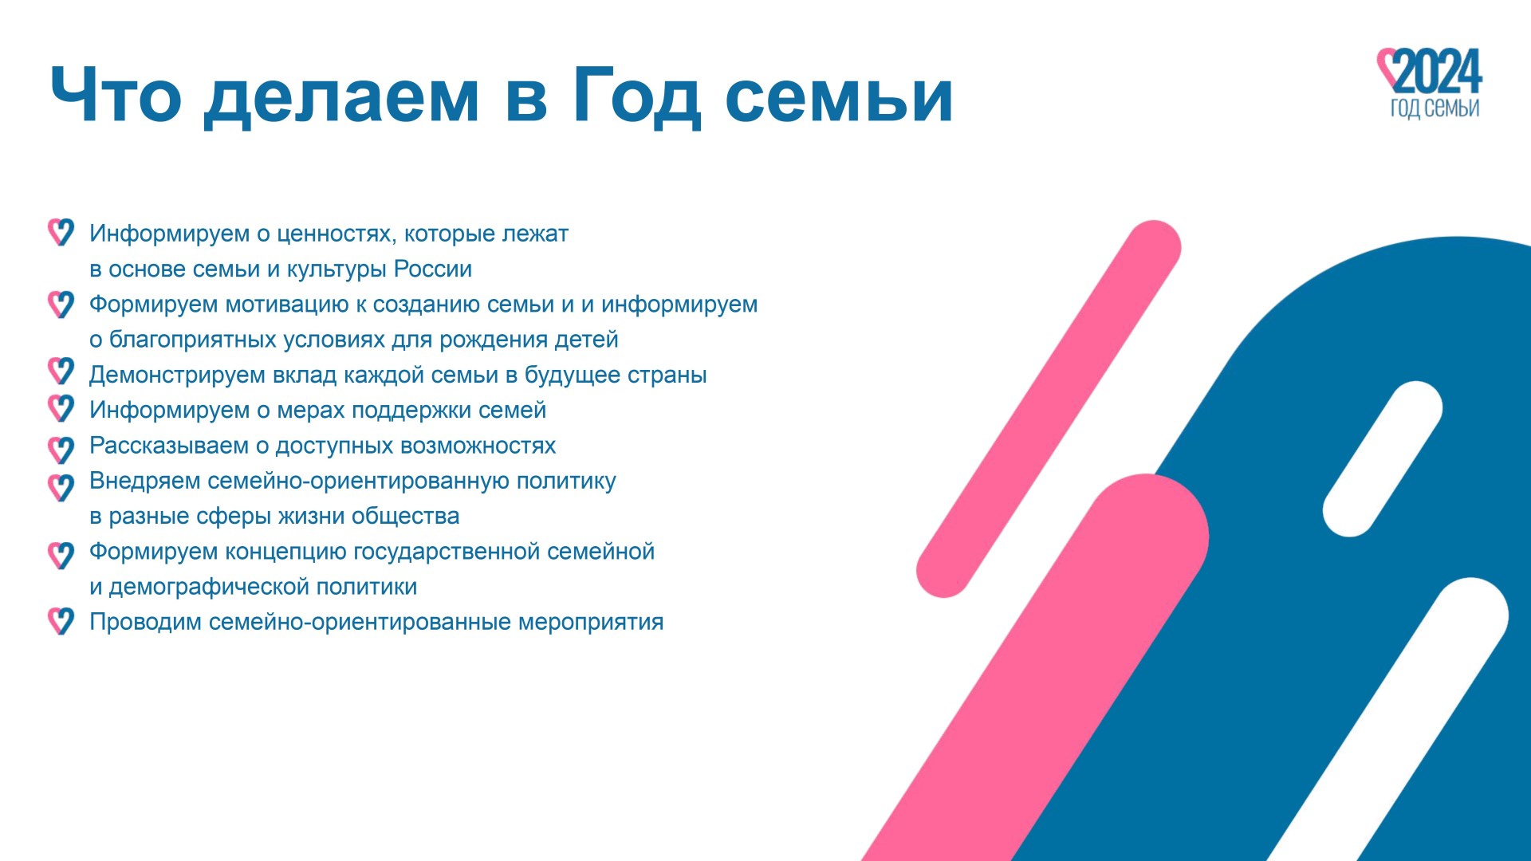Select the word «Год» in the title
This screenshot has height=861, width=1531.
(637, 96)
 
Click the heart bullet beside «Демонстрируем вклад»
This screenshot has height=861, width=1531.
(61, 371)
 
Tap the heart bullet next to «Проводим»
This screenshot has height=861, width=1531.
(61, 620)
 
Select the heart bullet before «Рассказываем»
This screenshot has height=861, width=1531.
(61, 450)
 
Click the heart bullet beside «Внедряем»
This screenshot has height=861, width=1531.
(61, 486)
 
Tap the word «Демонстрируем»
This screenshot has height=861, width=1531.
(177, 375)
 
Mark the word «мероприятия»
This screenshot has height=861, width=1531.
(591, 622)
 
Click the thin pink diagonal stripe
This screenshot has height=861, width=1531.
(1049, 409)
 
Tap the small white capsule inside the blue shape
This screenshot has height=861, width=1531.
(1383, 459)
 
